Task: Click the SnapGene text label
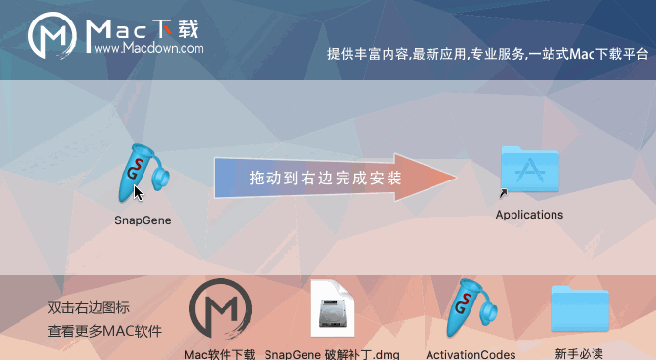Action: tap(143, 220)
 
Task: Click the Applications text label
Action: tap(529, 215)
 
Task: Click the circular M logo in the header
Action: tap(55, 38)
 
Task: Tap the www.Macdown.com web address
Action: tap(149, 48)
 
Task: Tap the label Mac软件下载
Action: tap(221, 353)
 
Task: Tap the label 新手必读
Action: tap(579, 353)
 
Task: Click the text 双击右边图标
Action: tap(89, 307)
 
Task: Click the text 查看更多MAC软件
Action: tap(104, 331)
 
